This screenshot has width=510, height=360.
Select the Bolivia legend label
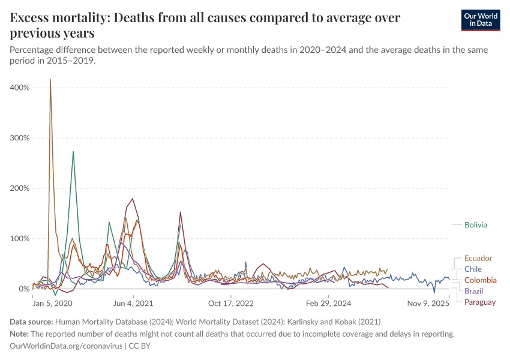475,225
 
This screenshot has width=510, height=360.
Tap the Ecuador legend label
478,258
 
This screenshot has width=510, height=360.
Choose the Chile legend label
473,269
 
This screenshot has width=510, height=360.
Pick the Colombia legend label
480,280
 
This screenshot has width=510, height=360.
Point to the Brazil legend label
473,291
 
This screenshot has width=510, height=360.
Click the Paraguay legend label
480,302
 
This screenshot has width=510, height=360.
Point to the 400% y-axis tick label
19,88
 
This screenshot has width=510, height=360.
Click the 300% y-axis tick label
19,138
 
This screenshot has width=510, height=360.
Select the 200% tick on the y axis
19,188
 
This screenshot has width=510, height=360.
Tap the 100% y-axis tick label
19,239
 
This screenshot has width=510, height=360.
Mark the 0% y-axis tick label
23,289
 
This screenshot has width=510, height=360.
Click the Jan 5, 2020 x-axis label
52,303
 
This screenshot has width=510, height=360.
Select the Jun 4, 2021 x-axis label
133,303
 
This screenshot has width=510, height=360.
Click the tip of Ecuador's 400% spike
50,79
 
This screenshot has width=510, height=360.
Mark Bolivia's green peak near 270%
73,152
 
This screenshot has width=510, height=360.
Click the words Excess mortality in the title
56,18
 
